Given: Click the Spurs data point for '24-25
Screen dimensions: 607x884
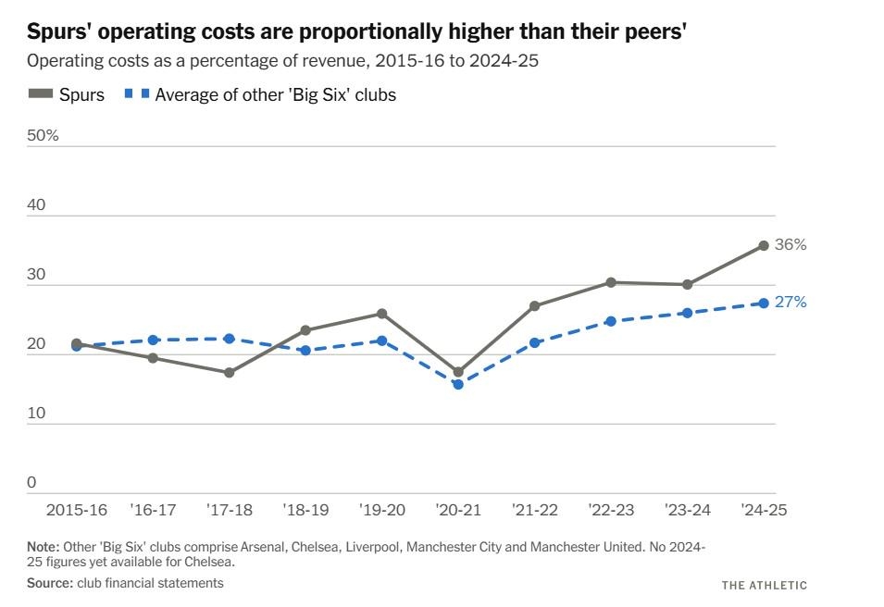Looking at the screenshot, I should tap(764, 245).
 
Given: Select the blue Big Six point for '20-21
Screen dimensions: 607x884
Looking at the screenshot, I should tap(458, 384).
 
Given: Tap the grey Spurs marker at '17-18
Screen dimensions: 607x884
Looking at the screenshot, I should tap(230, 373).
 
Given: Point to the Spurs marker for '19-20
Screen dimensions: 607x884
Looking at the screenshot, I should tap(381, 314).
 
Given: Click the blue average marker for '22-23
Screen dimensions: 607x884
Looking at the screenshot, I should tap(611, 321).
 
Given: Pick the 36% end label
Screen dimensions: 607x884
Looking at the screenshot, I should tap(791, 245).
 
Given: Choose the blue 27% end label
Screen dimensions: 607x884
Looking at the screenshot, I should tap(791, 303).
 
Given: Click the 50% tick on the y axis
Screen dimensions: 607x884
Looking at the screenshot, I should tap(44, 135).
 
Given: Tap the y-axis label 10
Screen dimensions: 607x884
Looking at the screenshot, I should tap(37, 413).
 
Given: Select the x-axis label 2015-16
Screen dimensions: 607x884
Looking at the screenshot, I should tap(77, 510).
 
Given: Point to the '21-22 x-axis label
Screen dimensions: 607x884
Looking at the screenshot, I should tap(534, 510).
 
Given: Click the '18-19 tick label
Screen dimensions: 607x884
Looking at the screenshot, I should tap(305, 510).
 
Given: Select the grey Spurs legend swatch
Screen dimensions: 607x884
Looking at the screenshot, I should tap(40, 93).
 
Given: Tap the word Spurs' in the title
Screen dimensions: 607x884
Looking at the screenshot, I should tap(57, 33).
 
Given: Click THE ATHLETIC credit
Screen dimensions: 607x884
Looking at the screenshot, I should tap(764, 585).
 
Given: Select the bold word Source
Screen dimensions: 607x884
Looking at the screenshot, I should tap(48, 583).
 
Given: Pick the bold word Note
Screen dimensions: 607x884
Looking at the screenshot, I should tap(43, 547).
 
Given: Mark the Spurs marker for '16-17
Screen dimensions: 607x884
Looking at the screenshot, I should tap(153, 358).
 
